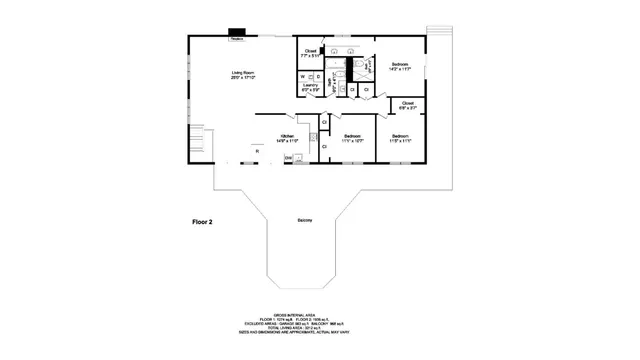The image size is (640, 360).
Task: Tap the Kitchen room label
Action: [x=287, y=138]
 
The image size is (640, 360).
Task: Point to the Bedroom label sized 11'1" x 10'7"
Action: [x=352, y=138]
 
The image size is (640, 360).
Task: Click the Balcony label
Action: [x=304, y=220]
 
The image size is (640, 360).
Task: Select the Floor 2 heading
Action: [x=202, y=222]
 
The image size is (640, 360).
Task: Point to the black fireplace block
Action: [x=238, y=33]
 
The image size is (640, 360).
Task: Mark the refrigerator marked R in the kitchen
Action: [x=255, y=152]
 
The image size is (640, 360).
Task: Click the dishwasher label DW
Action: [x=288, y=157]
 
